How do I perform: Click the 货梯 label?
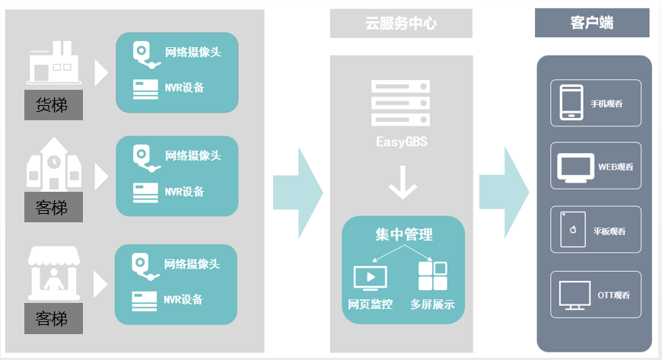(52, 104)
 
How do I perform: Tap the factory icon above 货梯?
(53, 64)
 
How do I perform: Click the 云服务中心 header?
(401, 24)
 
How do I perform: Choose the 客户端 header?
(591, 24)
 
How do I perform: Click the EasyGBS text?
(401, 142)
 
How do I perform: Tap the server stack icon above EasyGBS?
(401, 103)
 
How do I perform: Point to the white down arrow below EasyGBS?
(402, 185)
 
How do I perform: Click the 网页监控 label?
(371, 305)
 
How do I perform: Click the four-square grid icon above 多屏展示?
(432, 276)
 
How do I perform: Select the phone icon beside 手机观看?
(571, 103)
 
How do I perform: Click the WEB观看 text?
(616, 166)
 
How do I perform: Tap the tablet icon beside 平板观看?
(571, 229)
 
